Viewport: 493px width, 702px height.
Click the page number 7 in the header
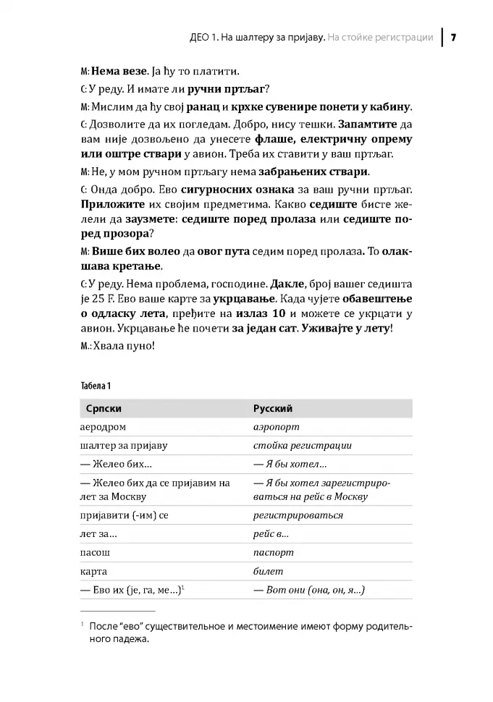coord(452,37)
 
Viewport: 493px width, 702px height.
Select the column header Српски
coord(103,409)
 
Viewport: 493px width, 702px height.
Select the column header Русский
coord(272,409)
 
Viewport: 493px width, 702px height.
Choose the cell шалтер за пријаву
coord(124,446)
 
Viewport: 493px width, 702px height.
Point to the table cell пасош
coord(94,552)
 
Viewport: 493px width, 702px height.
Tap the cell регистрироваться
coord(298,515)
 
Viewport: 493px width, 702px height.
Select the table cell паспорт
coord(273,552)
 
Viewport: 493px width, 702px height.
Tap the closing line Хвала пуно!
coord(125,345)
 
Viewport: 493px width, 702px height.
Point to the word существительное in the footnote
coord(206,626)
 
